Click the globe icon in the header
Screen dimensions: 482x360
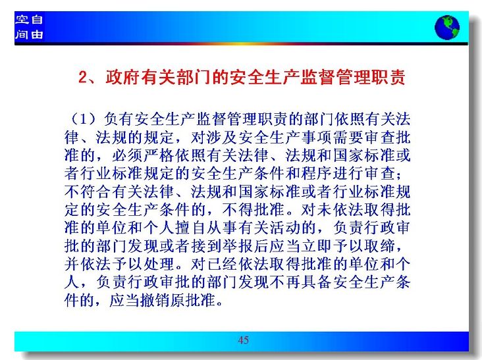[x=447, y=28]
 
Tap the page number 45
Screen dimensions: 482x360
[x=243, y=340]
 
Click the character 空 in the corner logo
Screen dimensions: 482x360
[x=22, y=20]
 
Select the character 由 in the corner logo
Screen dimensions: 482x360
[x=37, y=34]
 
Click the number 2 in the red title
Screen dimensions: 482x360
[x=84, y=77]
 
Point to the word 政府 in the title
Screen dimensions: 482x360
[x=123, y=77]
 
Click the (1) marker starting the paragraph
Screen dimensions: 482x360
[x=84, y=119]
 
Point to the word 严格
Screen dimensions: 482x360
[x=159, y=155]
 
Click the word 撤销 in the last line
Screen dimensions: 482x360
[x=155, y=300]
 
